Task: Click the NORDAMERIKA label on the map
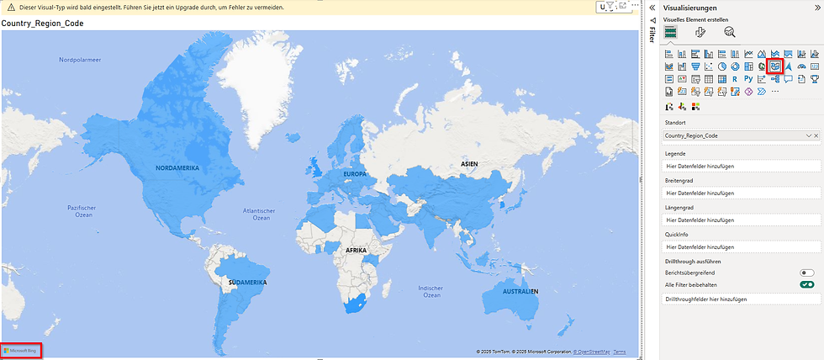177,168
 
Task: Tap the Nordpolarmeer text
80,61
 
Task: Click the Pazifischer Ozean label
83,211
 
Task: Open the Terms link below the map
619,352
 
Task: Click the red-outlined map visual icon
776,66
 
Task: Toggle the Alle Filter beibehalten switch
807,285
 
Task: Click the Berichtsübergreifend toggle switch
807,273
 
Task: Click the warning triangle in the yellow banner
12,7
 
